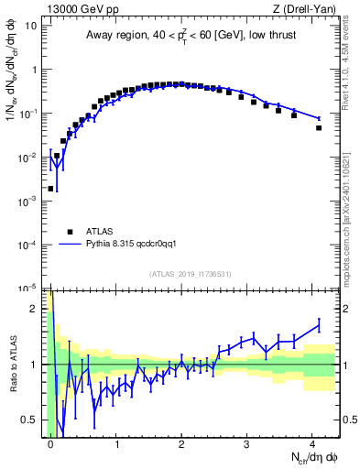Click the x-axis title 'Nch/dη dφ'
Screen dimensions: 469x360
(310, 456)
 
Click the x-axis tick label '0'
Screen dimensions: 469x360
(51, 443)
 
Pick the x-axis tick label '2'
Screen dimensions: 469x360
(181, 443)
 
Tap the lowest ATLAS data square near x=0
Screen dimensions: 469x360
(50, 189)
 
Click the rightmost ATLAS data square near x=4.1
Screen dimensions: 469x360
(319, 127)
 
